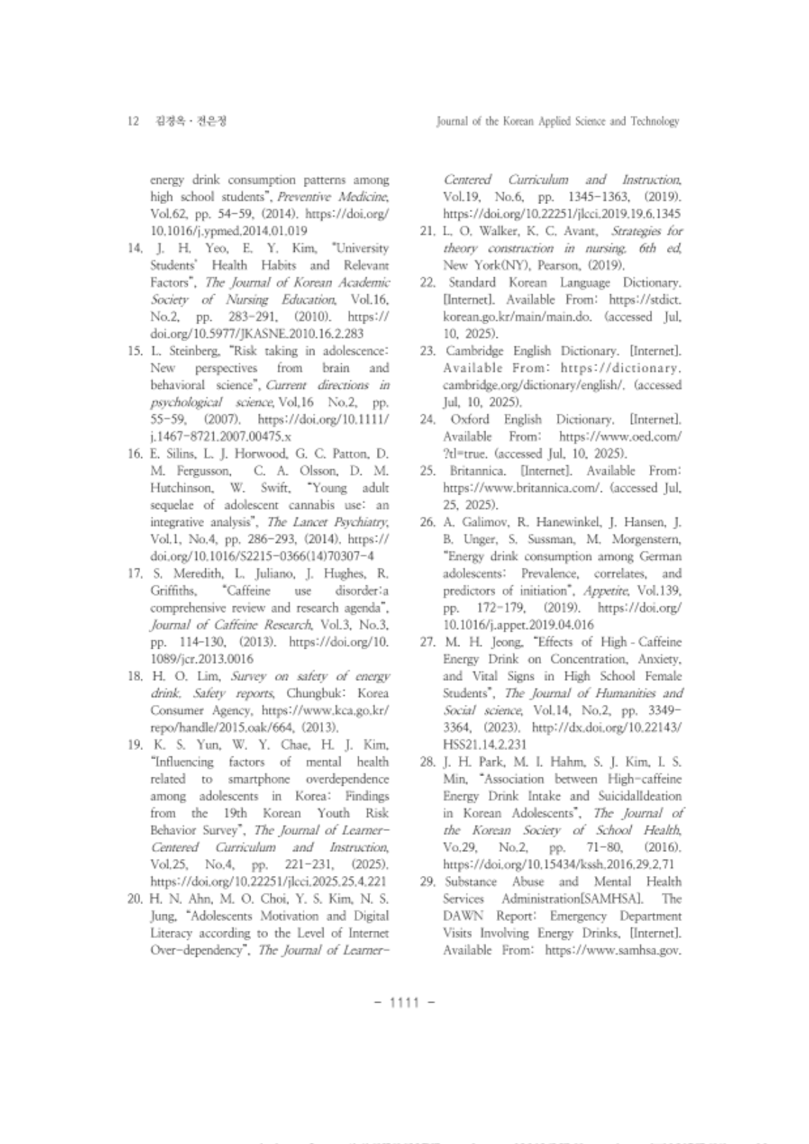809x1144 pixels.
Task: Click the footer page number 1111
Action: coord(404,1002)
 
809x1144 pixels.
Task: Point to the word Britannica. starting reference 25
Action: coord(479,471)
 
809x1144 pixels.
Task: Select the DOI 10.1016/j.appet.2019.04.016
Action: coord(518,625)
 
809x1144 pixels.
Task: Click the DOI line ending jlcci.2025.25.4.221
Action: coord(269,882)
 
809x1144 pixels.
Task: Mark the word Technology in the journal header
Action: coord(654,122)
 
